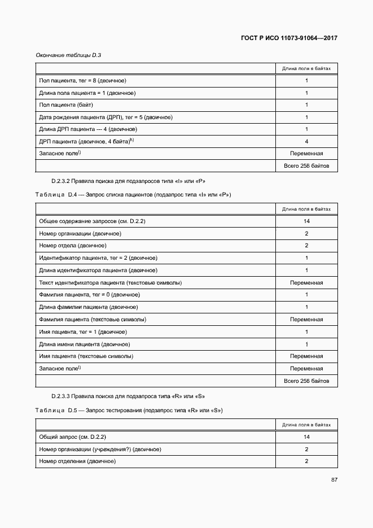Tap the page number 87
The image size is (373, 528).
pyautogui.click(x=333, y=480)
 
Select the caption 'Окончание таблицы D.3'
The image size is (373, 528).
pyautogui.click(x=64, y=55)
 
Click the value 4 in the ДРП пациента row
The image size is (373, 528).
pyautogui.click(x=306, y=141)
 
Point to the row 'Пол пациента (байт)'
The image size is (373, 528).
pyautogui.click(x=66, y=105)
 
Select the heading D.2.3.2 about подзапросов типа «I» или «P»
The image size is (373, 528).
pyautogui.click(x=128, y=181)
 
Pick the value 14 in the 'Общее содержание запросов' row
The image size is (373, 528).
pyautogui.click(x=306, y=221)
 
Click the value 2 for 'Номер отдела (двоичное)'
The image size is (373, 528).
pyautogui.click(x=306, y=246)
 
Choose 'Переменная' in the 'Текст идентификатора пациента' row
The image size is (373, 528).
pyautogui.click(x=306, y=282)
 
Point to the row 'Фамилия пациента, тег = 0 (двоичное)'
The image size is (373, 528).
pyautogui.click(x=90, y=295)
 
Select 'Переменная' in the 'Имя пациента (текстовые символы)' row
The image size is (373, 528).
pyautogui.click(x=306, y=356)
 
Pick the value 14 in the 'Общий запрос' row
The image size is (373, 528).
pyautogui.click(x=306, y=437)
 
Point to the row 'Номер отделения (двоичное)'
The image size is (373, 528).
pyautogui.click(x=77, y=461)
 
